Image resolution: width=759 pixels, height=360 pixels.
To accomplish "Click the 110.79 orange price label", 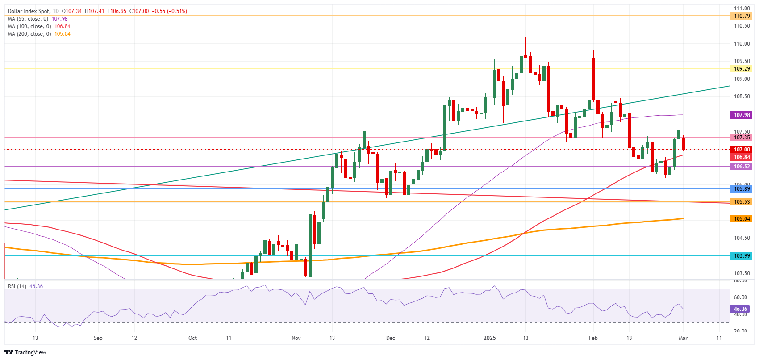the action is (742, 16).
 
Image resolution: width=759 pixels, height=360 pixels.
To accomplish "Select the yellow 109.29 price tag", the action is (742, 69).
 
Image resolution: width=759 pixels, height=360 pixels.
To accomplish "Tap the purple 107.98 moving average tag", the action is (742, 115).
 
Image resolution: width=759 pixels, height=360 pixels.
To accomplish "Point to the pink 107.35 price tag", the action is (742, 137).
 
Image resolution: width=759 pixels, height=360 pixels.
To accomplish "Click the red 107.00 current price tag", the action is (742, 150).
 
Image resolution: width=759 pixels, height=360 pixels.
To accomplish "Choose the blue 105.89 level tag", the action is (742, 188).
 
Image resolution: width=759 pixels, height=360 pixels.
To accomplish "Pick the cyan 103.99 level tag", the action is (742, 255).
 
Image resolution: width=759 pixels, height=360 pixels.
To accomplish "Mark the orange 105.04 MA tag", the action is (742, 219).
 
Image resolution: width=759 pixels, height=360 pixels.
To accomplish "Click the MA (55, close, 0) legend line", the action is (38, 19).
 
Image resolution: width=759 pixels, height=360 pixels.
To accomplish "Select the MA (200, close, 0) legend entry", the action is (39, 34).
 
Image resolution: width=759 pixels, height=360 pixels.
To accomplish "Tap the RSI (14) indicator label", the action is (17, 286).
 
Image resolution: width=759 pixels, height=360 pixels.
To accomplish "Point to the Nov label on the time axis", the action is (296, 338).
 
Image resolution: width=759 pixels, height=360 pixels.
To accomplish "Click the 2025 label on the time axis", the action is (490, 338).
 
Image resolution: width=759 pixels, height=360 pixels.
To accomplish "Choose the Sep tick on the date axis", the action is (98, 338).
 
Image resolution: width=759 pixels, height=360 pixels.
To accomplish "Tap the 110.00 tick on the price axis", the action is (742, 44).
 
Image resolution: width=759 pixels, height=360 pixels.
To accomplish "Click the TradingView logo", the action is (25, 352).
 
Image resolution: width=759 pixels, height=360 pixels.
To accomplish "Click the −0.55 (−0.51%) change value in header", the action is (169, 11).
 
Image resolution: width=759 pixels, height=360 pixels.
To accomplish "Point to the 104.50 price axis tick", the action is (742, 238).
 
